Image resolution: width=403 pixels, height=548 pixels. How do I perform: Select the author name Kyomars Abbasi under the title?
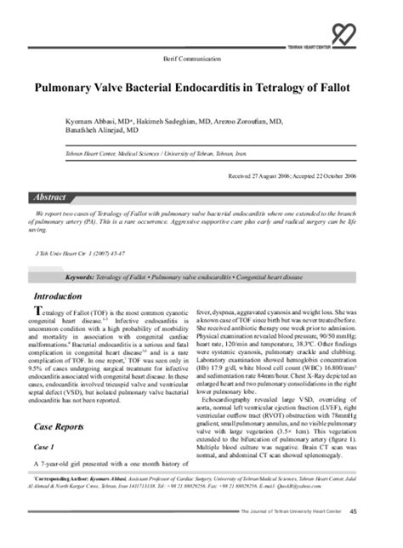[88, 123]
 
